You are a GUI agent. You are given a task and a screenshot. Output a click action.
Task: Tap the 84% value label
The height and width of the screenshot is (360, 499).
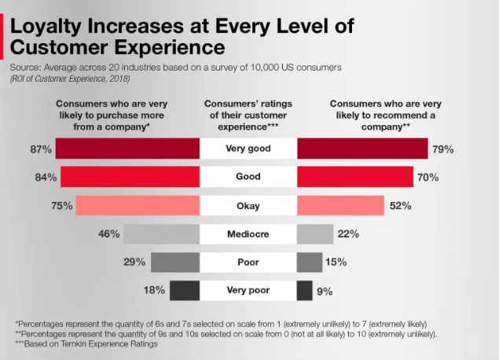pos(46,178)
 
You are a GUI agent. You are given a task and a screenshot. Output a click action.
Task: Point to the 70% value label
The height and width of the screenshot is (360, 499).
pos(427,178)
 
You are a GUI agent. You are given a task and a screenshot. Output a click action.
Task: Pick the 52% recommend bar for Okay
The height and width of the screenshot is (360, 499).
pos(340,206)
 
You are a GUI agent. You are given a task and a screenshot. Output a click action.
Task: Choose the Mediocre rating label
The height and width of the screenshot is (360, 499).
pos(248,234)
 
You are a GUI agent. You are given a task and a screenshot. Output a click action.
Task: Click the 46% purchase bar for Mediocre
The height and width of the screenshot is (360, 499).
pos(162,234)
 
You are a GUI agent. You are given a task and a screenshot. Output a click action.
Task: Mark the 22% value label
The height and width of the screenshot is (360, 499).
pos(348,234)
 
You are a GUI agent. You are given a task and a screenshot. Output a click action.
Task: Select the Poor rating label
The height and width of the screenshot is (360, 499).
pos(248,263)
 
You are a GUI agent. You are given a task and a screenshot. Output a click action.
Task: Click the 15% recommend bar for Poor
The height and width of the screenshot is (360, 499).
pos(310,263)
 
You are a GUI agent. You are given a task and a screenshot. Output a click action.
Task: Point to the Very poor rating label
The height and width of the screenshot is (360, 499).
pos(248,291)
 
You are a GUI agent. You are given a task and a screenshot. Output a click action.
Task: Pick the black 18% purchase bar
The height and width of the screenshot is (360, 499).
pos(184,291)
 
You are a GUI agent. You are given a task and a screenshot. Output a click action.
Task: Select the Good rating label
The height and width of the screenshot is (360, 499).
pos(248,178)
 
